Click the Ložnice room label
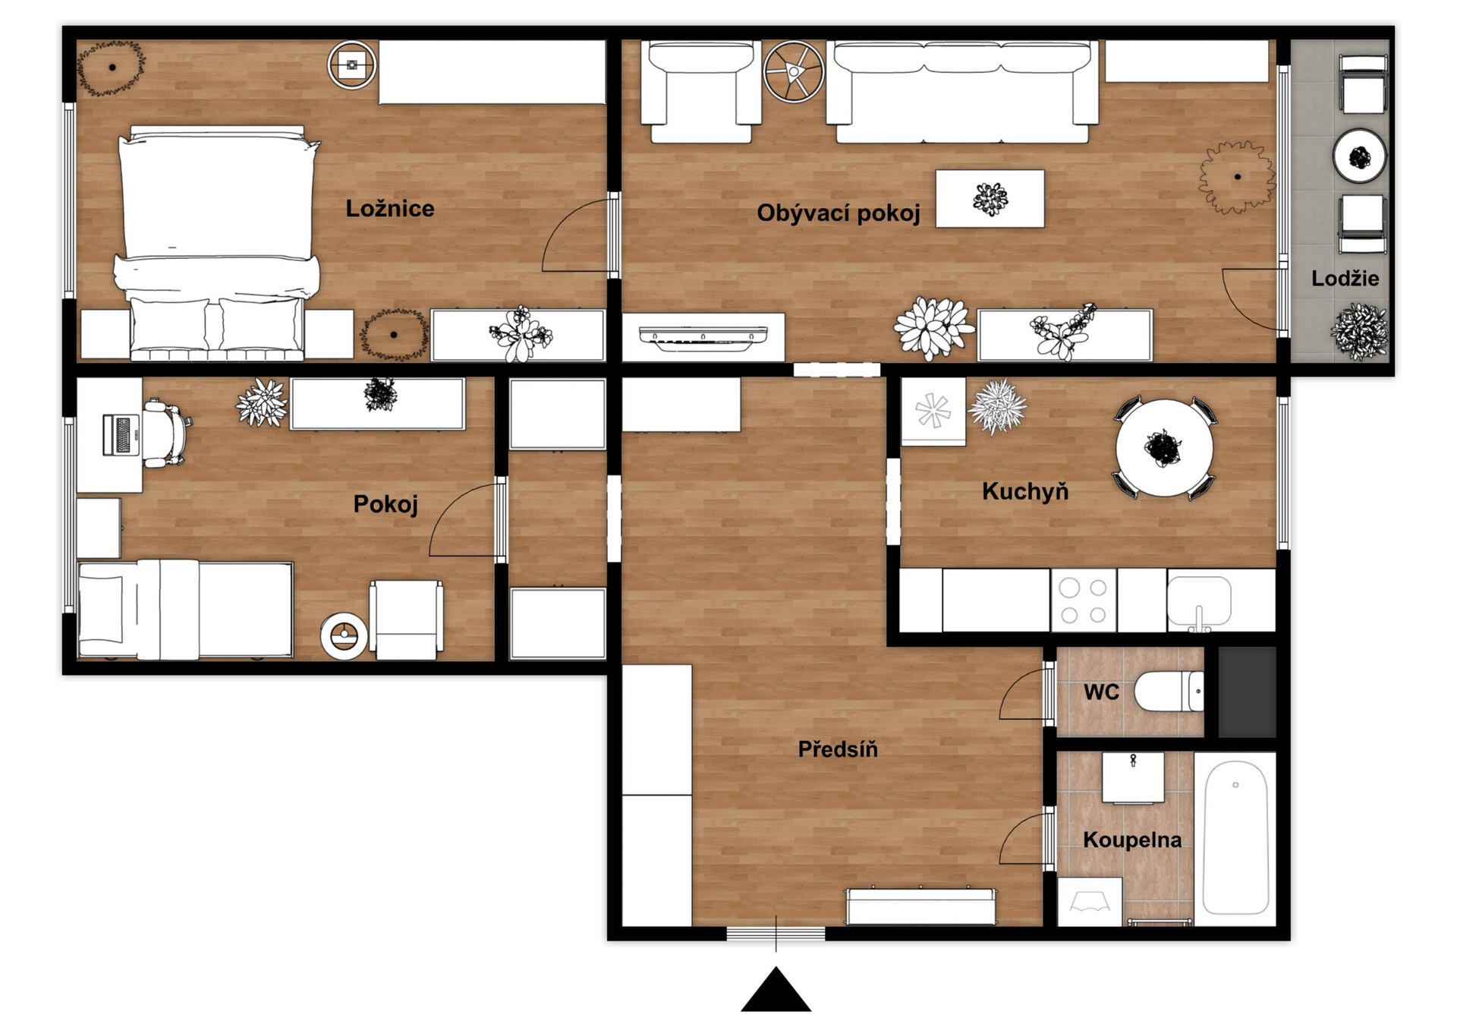click(x=390, y=209)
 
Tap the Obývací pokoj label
click(x=839, y=213)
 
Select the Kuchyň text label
click(x=1025, y=491)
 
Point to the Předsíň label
click(x=838, y=749)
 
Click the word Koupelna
click(x=1132, y=840)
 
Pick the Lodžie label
click(x=1345, y=278)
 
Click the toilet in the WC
click(x=1169, y=691)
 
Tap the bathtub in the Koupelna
click(x=1235, y=838)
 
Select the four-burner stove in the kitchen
click(x=1083, y=601)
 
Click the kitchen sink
click(x=1199, y=602)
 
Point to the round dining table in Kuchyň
click(x=1164, y=448)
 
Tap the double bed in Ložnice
click(x=217, y=243)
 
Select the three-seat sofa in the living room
click(x=962, y=92)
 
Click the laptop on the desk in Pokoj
click(x=121, y=435)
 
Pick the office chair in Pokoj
click(x=167, y=434)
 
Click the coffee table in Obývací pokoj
click(x=990, y=199)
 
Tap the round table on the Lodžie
click(x=1360, y=157)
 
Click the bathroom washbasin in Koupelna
click(x=1133, y=778)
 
